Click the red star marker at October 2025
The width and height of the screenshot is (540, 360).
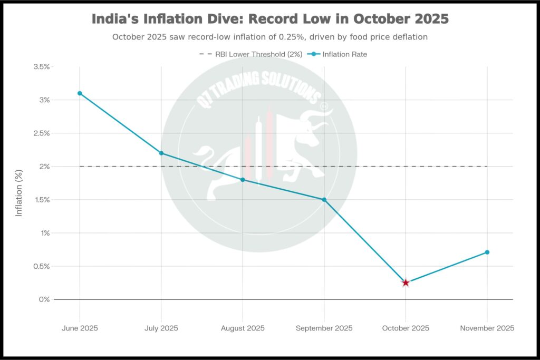coord(406,283)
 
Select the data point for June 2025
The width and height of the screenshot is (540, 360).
coord(80,93)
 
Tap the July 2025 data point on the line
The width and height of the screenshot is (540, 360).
coord(161,153)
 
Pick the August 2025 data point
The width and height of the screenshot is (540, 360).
coord(243,180)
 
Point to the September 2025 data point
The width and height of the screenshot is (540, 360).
coord(324,200)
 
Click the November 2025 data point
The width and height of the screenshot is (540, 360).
coord(487,252)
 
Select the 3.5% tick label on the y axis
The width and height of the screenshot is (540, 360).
coord(41,67)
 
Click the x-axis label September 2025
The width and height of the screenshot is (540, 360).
coord(324,328)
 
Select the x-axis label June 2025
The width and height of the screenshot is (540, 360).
coord(80,328)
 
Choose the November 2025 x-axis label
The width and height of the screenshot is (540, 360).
coord(487,328)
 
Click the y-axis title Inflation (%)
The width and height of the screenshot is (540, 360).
coord(19,193)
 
